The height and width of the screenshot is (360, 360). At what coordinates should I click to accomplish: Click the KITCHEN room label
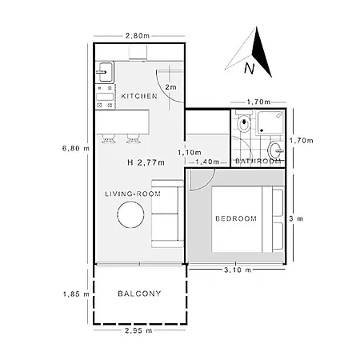point(139,96)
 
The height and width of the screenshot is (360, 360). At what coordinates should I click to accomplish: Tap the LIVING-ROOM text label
point(133,194)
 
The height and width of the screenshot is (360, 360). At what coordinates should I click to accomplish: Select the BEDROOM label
point(236,218)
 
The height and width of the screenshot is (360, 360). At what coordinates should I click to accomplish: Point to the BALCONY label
point(139,294)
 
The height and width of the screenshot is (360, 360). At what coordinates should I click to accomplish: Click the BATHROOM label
point(258,161)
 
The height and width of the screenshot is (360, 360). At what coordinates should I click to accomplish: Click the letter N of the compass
point(250,68)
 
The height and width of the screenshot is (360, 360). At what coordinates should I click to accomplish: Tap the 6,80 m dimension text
point(76,148)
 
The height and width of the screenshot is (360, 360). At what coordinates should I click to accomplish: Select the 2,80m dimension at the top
point(138,36)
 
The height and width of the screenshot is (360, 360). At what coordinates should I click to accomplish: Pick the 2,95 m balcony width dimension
point(138,330)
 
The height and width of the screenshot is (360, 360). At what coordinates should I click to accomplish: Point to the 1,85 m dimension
point(76,294)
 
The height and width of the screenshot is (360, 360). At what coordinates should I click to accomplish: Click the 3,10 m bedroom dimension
point(238,270)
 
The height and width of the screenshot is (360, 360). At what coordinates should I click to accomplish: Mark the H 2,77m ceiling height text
point(146,162)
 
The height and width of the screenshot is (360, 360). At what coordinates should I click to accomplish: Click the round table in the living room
point(130,214)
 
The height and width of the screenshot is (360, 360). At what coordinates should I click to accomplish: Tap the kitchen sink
point(106,72)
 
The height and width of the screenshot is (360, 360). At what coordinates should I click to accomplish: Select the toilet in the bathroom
point(243,122)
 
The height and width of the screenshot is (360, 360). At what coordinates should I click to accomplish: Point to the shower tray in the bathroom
point(270,122)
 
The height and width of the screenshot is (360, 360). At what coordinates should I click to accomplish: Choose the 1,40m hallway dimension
point(207,162)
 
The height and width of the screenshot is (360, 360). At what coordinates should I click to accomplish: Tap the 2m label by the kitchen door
point(170,87)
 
